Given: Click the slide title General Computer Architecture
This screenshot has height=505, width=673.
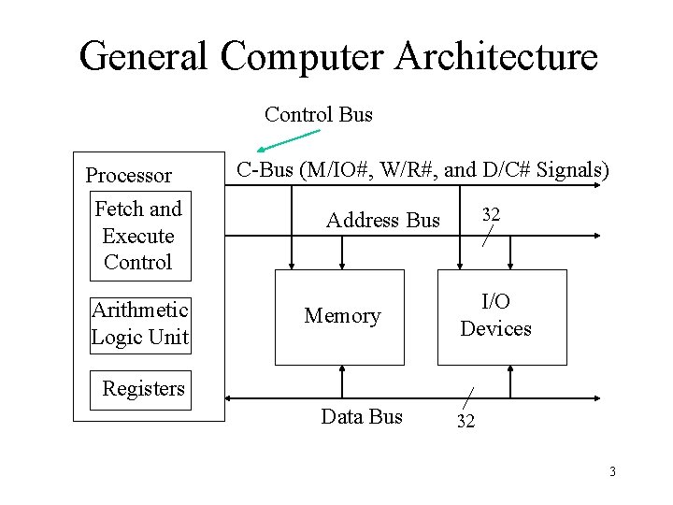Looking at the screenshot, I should click(x=337, y=56).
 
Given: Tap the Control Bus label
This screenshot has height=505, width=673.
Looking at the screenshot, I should click(x=318, y=115).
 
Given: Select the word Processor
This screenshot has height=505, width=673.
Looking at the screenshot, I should click(x=129, y=176).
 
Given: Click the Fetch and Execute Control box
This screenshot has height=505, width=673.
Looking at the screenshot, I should click(x=139, y=236).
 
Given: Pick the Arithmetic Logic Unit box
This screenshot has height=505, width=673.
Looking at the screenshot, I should click(x=140, y=324).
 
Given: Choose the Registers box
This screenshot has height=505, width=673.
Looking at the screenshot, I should click(x=144, y=389).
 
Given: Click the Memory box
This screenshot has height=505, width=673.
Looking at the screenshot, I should click(x=340, y=317).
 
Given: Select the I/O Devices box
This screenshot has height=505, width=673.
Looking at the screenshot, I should click(x=502, y=316).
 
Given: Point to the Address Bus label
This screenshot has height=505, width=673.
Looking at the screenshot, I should click(x=382, y=221).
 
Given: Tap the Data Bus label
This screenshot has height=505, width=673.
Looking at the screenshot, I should click(x=362, y=417).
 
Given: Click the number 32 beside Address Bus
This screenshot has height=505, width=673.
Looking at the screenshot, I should click(x=491, y=215).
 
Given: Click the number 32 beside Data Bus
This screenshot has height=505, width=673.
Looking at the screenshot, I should click(x=465, y=422).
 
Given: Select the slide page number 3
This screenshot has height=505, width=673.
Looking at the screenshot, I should click(x=612, y=471).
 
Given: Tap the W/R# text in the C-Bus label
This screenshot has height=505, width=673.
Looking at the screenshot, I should click(x=406, y=170).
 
